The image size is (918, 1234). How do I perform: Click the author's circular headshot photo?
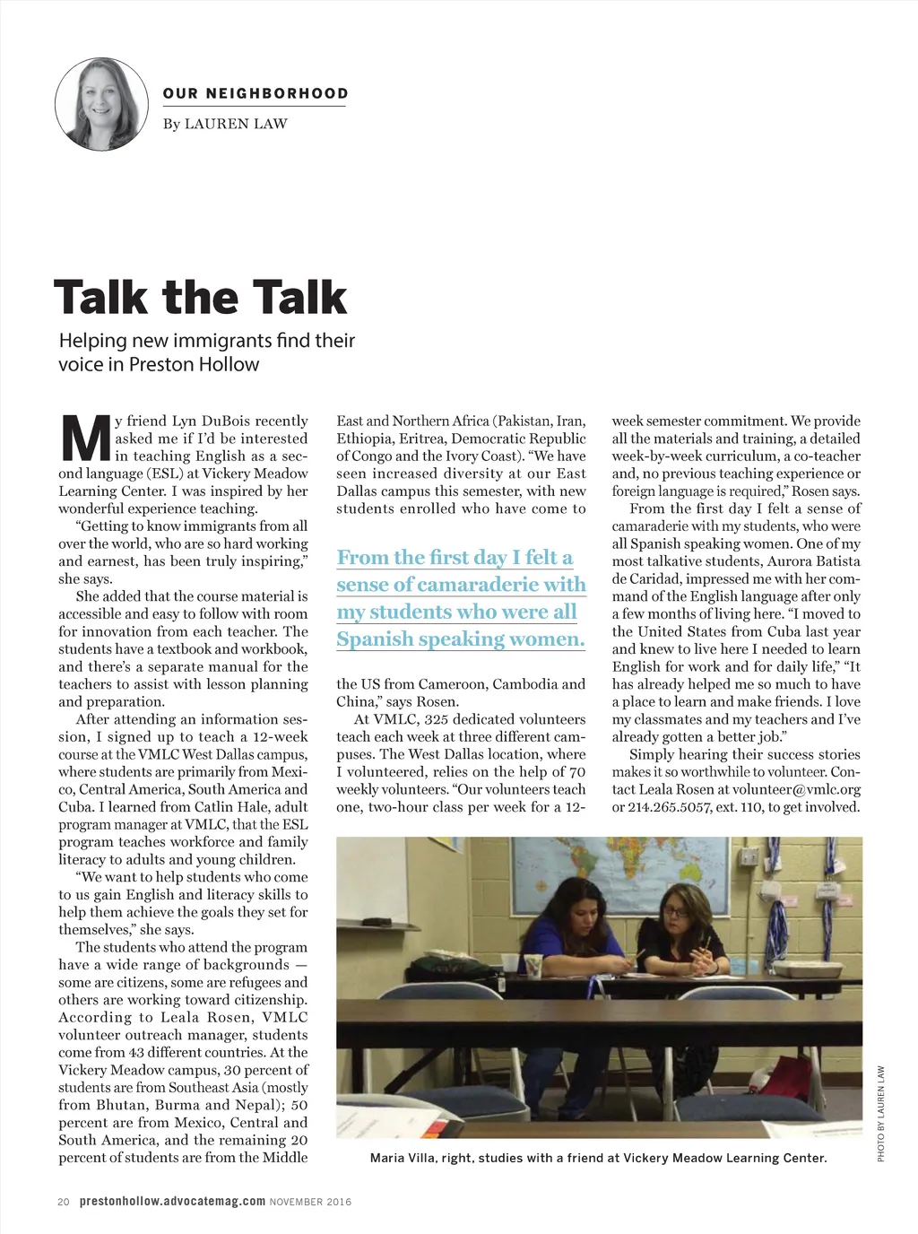pyautogui.click(x=101, y=104)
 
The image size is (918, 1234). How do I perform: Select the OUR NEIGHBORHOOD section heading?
pyautogui.click(x=255, y=93)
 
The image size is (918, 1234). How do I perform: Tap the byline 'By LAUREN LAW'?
pyautogui.click(x=225, y=124)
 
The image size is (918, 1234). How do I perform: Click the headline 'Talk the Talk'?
pyautogui.click(x=200, y=298)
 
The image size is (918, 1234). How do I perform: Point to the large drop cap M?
pyautogui.click(x=85, y=439)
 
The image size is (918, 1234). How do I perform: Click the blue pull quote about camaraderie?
pyautogui.click(x=461, y=598)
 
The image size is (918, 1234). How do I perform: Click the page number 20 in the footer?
pyautogui.click(x=64, y=1202)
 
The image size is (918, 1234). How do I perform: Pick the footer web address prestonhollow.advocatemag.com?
pyautogui.click(x=172, y=1202)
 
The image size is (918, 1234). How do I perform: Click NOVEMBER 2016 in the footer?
pyautogui.click(x=311, y=1202)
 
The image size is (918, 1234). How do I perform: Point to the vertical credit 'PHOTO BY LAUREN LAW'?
pyautogui.click(x=881, y=1114)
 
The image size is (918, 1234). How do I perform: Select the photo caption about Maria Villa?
pyautogui.click(x=598, y=1158)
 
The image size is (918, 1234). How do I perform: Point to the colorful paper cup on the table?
pyautogui.click(x=533, y=966)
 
